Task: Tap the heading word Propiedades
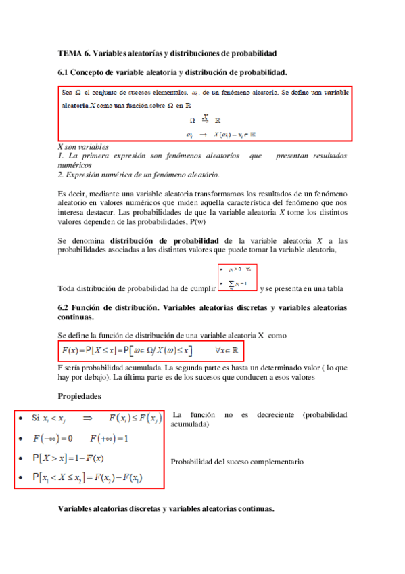pyautogui.click(x=80, y=396)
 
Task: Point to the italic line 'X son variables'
pyautogui.click(x=84, y=147)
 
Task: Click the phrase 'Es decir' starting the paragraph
pyautogui.click(x=72, y=193)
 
